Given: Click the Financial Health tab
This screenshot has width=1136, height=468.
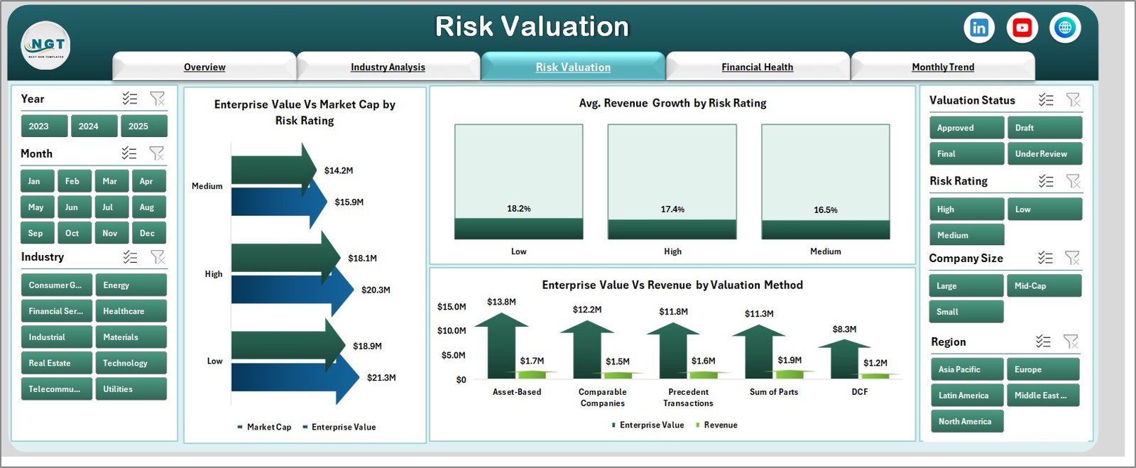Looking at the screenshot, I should (757, 67).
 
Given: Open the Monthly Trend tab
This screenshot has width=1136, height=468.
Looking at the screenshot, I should (942, 67).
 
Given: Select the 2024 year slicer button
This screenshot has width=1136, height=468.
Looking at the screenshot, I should (88, 126).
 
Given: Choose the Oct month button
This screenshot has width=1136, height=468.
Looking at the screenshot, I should (72, 233).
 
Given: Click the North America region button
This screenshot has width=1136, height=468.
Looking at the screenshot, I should (966, 421).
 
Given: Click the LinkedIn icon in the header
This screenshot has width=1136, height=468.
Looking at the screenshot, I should (979, 28).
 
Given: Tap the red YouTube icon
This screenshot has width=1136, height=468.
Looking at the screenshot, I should (1022, 28).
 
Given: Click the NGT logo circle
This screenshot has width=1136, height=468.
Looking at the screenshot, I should (46, 45).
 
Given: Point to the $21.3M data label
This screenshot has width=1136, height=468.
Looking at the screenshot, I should (381, 378).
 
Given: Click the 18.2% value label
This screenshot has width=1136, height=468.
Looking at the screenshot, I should (518, 209).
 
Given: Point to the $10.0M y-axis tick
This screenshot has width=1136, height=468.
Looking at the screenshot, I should (452, 331).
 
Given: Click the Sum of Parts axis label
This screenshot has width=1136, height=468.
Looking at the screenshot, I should (773, 392).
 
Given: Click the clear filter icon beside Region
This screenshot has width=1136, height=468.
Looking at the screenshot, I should (1071, 342).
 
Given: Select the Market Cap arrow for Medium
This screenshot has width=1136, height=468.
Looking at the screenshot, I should (270, 170).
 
